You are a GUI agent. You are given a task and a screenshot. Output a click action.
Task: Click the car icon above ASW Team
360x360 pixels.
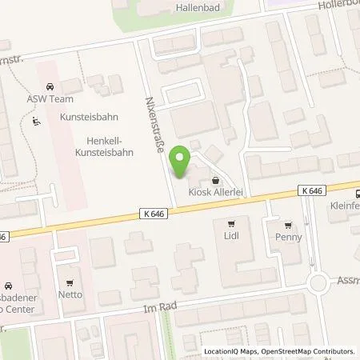[x=50, y=87]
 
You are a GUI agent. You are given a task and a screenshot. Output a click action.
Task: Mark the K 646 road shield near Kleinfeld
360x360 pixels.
[x=314, y=190]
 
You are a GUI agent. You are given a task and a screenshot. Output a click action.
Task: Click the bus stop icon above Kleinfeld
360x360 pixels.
[x=356, y=193]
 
